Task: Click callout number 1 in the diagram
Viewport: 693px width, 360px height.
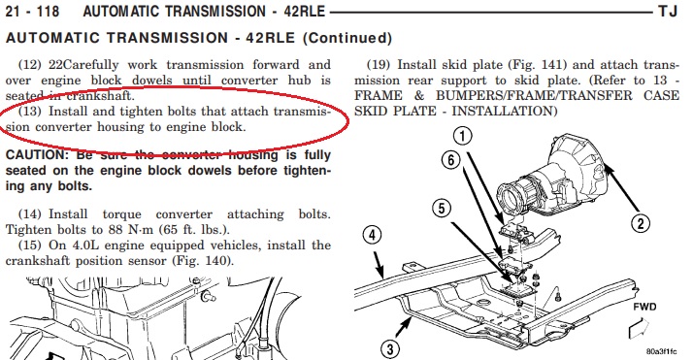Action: click(x=463, y=136)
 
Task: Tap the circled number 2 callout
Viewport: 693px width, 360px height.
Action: click(x=641, y=224)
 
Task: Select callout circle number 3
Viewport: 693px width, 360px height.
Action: click(x=390, y=349)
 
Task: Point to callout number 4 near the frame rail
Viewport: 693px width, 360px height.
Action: click(x=372, y=235)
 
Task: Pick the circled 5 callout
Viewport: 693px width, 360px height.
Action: click(x=442, y=208)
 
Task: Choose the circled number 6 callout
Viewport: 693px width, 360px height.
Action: click(x=450, y=159)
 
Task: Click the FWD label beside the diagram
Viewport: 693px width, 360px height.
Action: click(x=644, y=307)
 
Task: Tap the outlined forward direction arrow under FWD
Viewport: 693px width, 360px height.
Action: click(x=639, y=328)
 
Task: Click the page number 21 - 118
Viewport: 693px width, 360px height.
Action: click(x=32, y=11)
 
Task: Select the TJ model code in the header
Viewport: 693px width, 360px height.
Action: click(x=668, y=11)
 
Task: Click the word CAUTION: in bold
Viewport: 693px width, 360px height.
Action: click(x=35, y=155)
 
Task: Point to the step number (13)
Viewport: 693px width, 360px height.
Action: click(x=30, y=112)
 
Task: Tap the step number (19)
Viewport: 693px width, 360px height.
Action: click(x=379, y=65)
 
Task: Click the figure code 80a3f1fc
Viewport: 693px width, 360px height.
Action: click(x=661, y=351)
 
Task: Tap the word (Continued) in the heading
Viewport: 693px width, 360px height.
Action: click(x=347, y=39)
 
